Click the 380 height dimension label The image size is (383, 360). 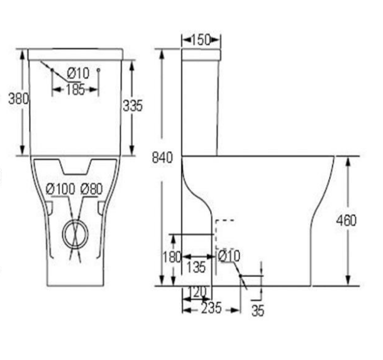pyautogui.click(x=19, y=99)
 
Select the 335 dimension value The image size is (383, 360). pyautogui.click(x=133, y=106)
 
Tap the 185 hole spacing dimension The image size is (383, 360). pyautogui.click(x=75, y=89)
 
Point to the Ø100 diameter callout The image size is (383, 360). pyautogui.click(x=60, y=189)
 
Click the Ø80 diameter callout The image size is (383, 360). pyautogui.click(x=92, y=189)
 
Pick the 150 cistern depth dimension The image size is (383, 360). pyautogui.click(x=201, y=40)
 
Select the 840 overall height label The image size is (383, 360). pyautogui.click(x=162, y=157)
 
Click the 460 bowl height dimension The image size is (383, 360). pyautogui.click(x=347, y=220)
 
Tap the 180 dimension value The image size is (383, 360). pyautogui.click(x=172, y=257)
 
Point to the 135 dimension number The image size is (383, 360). pyautogui.click(x=196, y=267)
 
